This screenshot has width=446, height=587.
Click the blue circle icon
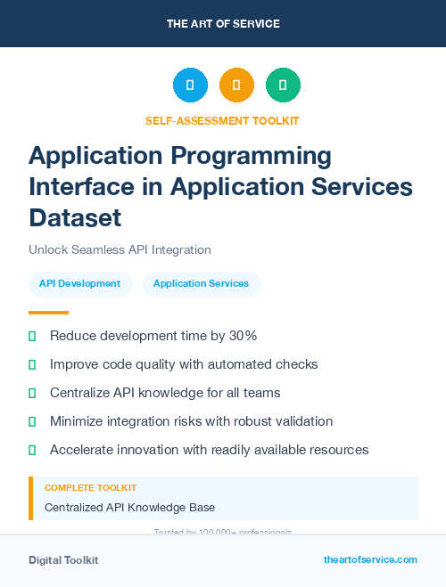pyautogui.click(x=190, y=85)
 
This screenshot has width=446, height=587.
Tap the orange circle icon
pyautogui.click(x=236, y=85)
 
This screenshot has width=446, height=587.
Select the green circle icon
pyautogui.click(x=283, y=85)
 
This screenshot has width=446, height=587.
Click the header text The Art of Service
pyautogui.click(x=223, y=24)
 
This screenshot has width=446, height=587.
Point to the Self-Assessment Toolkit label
pyautogui.click(x=222, y=120)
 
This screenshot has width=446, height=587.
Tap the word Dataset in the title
pyautogui.click(x=75, y=216)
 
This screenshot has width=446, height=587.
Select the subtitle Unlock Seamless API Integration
pyautogui.click(x=120, y=250)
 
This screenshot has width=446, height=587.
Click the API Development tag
pyautogui.click(x=79, y=283)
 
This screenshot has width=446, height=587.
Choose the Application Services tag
pyautogui.click(x=201, y=283)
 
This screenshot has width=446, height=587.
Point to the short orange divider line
pyautogui.click(x=48, y=313)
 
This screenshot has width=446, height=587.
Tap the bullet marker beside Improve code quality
pyautogui.click(x=32, y=364)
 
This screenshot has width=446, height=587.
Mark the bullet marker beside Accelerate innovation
pyautogui.click(x=32, y=450)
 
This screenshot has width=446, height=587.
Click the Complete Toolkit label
pyautogui.click(x=90, y=488)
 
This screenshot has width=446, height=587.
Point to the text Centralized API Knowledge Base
pyautogui.click(x=129, y=508)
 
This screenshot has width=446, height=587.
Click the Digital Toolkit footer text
pyautogui.click(x=63, y=560)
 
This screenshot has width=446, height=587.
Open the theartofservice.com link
pyautogui.click(x=370, y=559)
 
